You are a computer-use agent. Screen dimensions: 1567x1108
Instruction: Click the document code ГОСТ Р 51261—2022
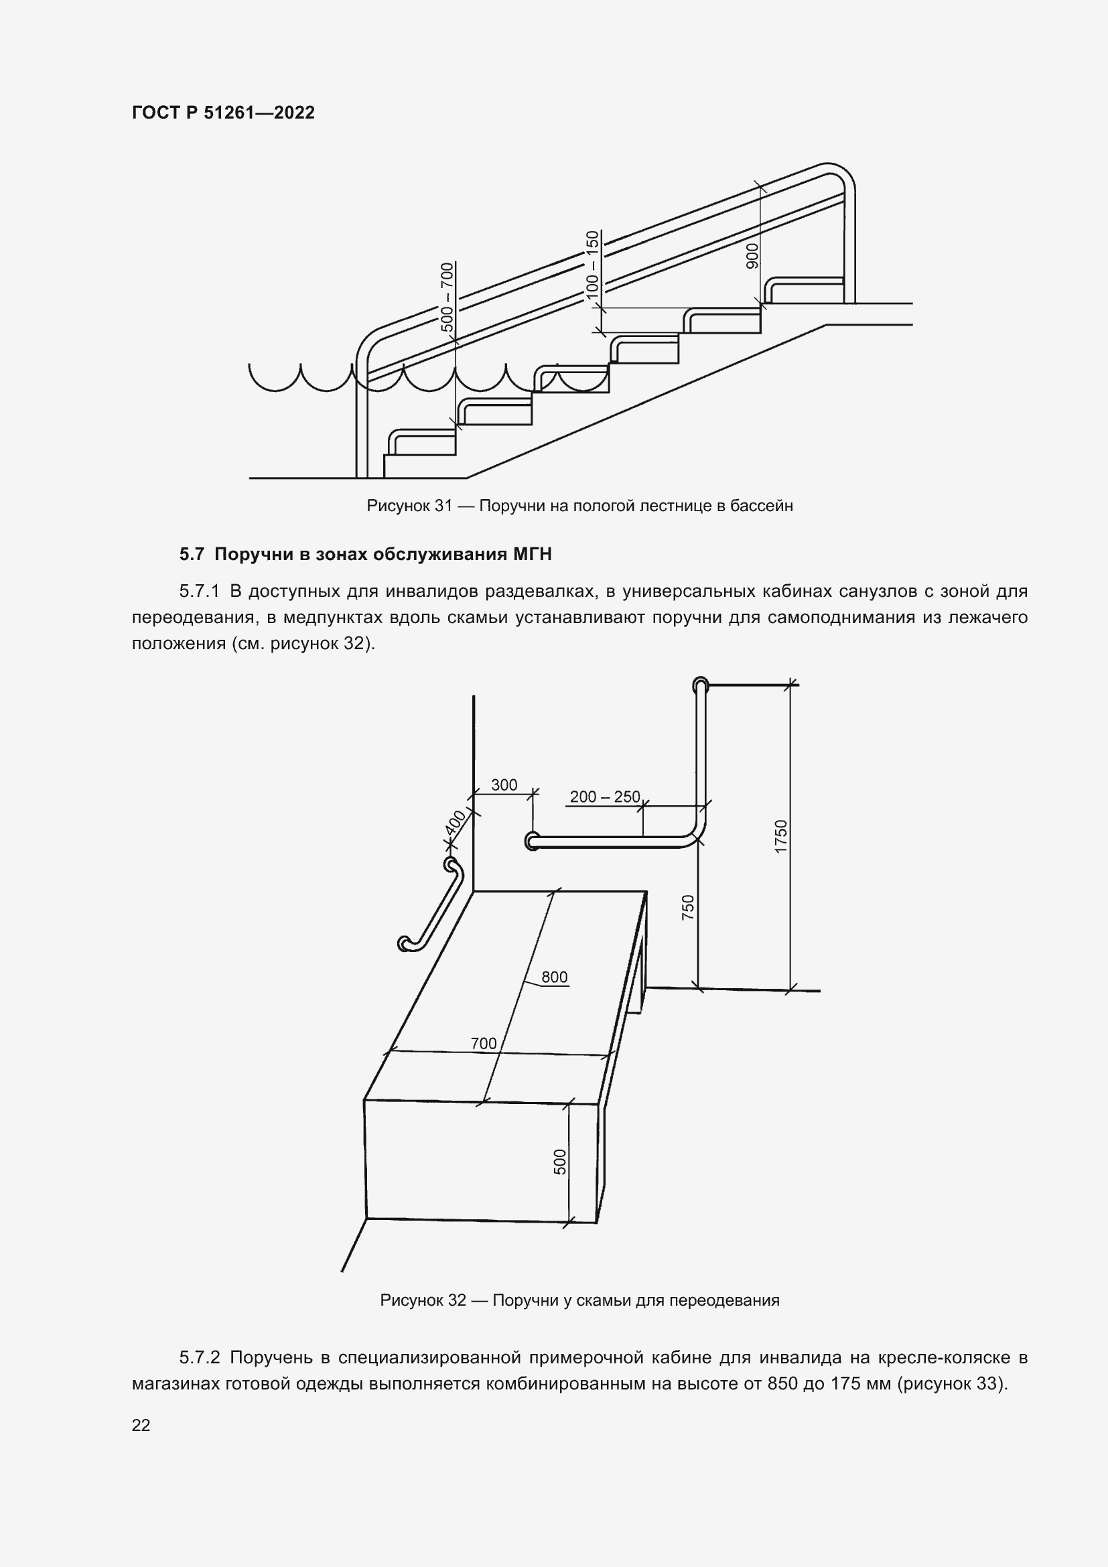pyautogui.click(x=223, y=113)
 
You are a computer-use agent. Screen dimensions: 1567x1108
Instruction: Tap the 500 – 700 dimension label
pyautogui.click(x=447, y=297)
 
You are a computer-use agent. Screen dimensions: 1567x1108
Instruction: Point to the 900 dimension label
pyautogui.click(x=752, y=255)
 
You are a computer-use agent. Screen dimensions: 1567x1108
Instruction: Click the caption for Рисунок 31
pyautogui.click(x=579, y=506)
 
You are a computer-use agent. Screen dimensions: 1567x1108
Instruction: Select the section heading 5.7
pyautogui.click(x=365, y=554)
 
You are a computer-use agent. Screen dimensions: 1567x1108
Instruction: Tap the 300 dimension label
pyautogui.click(x=504, y=785)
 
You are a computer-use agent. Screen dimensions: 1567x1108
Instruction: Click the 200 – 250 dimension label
pyautogui.click(x=604, y=797)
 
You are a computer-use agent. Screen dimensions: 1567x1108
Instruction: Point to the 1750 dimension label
pyautogui.click(x=781, y=836)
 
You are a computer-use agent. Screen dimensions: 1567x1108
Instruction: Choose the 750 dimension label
pyautogui.click(x=688, y=907)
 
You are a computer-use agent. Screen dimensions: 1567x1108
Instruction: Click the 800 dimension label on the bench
pyautogui.click(x=554, y=977)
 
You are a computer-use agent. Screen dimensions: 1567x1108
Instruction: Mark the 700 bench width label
pyautogui.click(x=483, y=1043)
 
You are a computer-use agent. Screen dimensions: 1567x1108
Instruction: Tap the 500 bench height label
pyautogui.click(x=559, y=1162)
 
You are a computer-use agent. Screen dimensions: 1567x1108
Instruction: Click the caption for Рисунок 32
pyautogui.click(x=579, y=1300)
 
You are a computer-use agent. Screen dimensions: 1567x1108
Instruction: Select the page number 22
pyautogui.click(x=141, y=1425)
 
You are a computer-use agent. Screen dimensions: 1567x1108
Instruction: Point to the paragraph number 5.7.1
pyautogui.click(x=199, y=591)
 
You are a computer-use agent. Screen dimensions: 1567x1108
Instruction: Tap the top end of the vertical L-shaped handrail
pyautogui.click(x=700, y=685)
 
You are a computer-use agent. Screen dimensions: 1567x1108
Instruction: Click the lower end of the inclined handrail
pyautogui.click(x=405, y=944)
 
